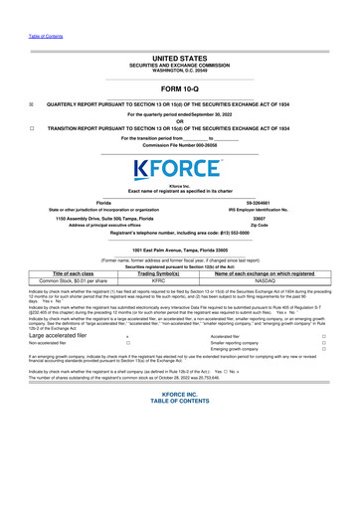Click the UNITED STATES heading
coord(179,60)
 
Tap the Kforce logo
coord(179,168)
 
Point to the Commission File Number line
coord(179,145)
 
